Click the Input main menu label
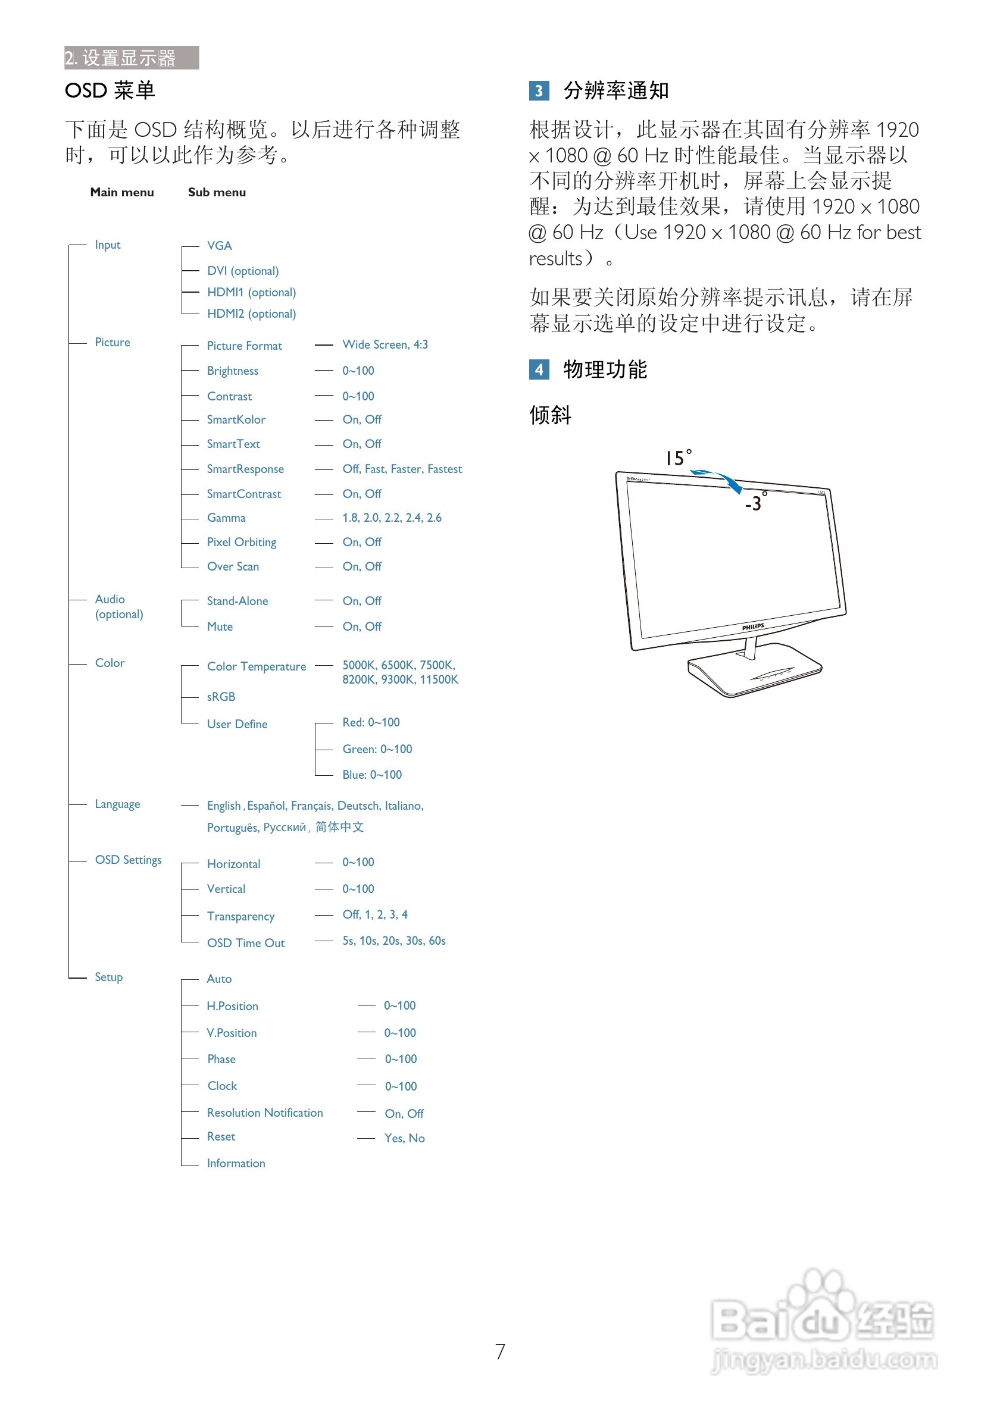point(107,245)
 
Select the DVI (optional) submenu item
point(242,271)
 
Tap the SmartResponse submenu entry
point(245,469)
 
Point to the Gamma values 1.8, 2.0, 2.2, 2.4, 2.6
point(392,518)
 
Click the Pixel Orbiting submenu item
point(241,542)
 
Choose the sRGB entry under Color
point(221,696)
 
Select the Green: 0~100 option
point(377,748)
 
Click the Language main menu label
point(117,804)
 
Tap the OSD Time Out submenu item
point(245,943)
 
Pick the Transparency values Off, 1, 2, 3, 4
point(375,914)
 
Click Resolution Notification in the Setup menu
point(265,1113)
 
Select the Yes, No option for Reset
point(404,1139)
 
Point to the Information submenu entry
point(236,1163)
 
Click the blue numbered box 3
point(539,90)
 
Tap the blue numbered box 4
point(539,369)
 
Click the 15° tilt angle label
point(678,458)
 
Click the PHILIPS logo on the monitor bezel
point(752,626)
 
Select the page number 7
point(501,1351)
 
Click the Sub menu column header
point(217,192)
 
